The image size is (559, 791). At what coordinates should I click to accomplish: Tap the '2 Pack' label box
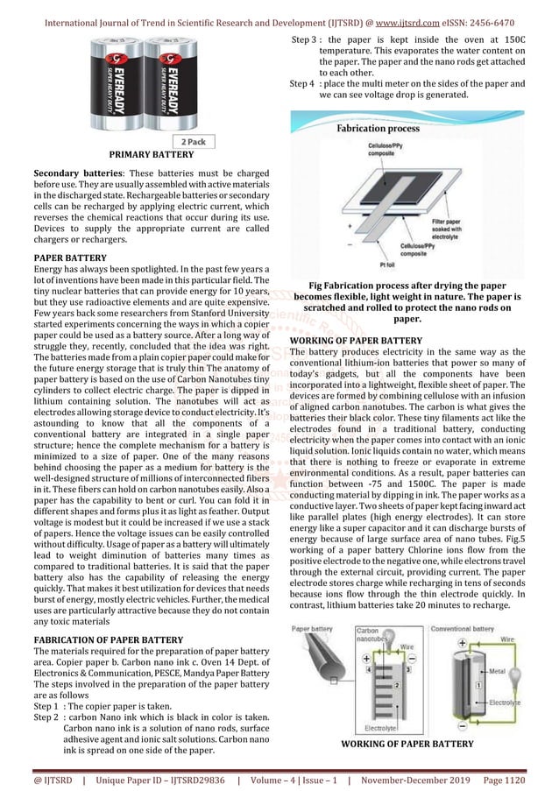click(193, 141)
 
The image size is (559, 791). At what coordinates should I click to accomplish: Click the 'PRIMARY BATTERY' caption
click(151, 154)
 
